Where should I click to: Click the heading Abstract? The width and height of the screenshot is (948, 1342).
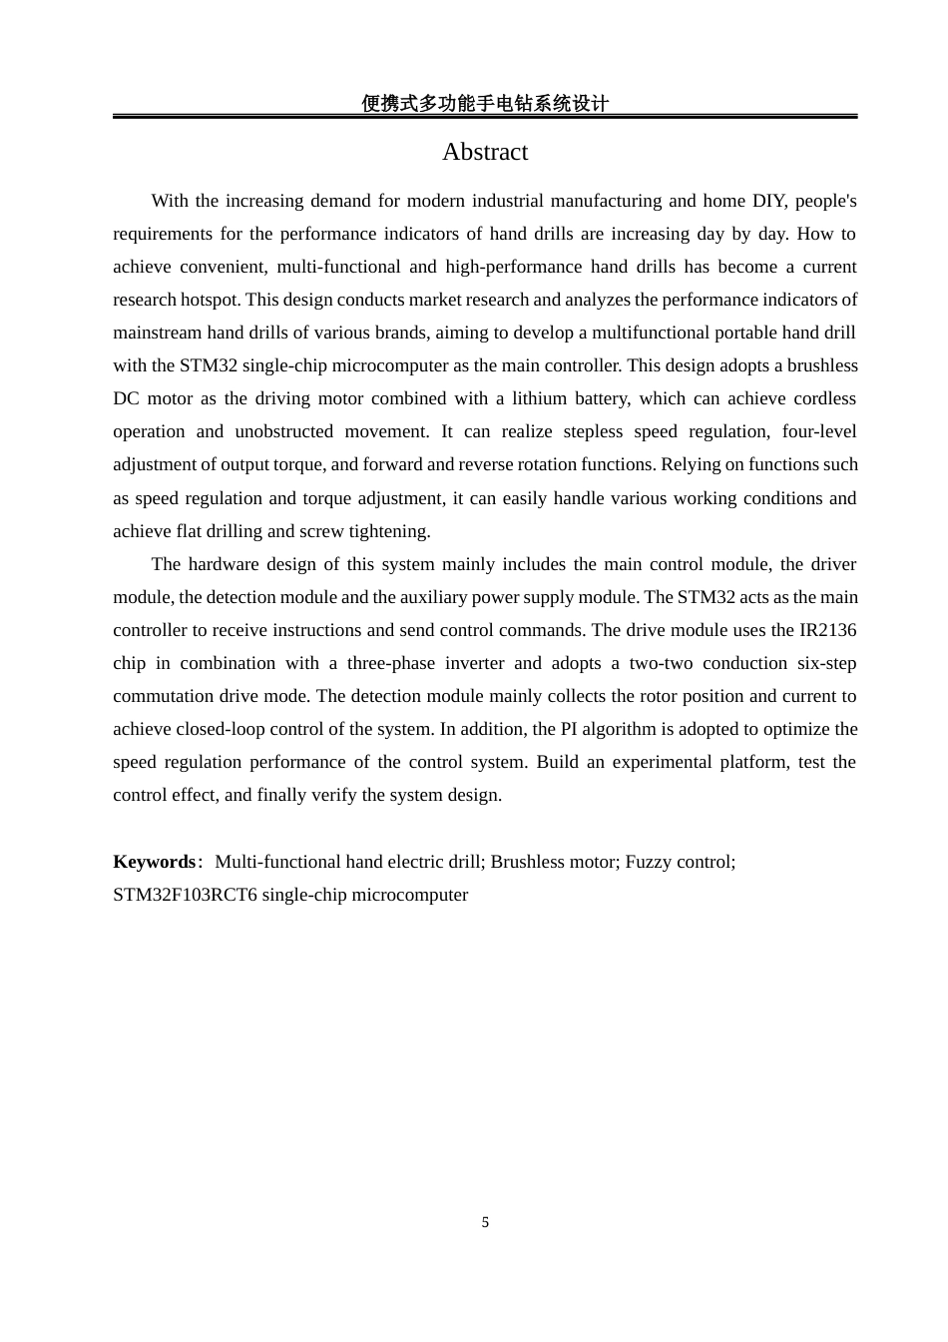[485, 152]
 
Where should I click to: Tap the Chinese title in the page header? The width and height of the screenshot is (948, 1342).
[485, 103]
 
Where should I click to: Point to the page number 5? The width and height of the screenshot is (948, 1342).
[485, 1222]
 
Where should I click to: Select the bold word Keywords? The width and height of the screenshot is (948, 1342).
[155, 862]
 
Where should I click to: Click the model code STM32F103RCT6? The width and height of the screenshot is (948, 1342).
[185, 895]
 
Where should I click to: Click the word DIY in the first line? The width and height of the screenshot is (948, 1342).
[768, 201]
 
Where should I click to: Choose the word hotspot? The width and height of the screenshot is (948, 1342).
[210, 300]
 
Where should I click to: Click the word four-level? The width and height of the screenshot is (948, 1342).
[819, 431]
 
